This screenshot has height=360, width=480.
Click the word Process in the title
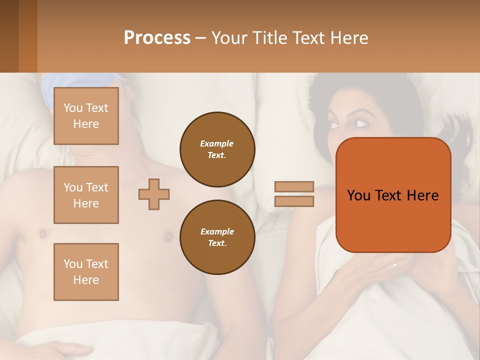pos(157,38)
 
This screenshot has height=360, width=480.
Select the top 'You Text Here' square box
pos(86,116)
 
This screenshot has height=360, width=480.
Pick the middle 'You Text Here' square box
pos(86,195)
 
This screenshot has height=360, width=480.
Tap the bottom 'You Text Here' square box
pos(86,272)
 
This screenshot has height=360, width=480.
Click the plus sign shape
pos(154,194)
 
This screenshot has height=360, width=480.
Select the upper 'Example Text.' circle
pos(217,149)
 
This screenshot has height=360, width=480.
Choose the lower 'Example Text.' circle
pos(217,237)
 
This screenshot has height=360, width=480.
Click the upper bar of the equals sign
pos(294,186)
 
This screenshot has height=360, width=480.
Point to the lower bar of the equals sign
pos(294,201)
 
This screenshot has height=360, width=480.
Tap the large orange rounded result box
pos(393,195)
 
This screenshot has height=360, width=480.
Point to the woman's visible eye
pos(361,122)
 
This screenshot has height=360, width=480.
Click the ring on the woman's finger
pos(395,266)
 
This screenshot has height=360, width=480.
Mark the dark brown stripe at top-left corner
pos(9,36)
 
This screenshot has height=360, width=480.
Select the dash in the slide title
pos(201,38)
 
